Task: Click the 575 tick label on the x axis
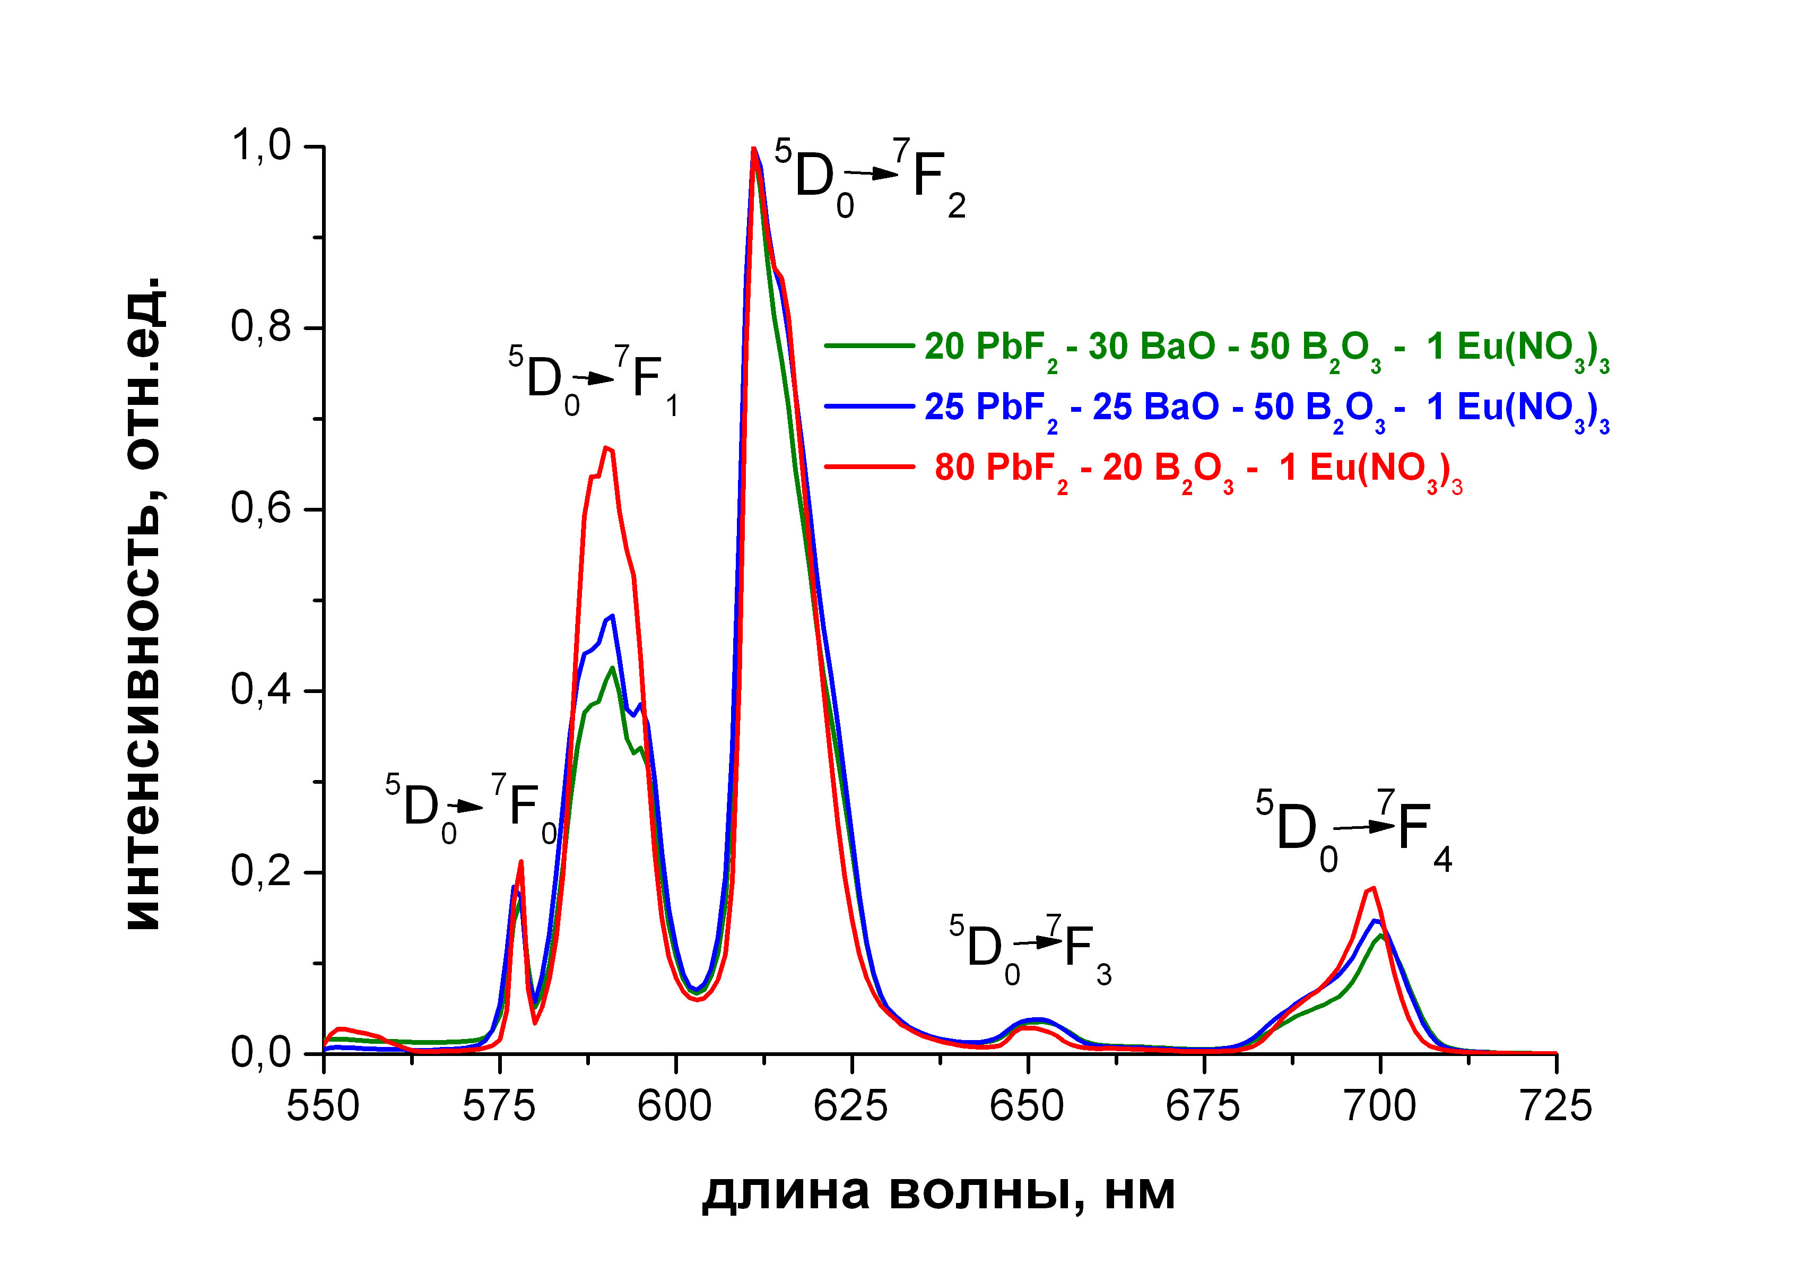499,1106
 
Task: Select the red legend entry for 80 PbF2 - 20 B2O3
1197,469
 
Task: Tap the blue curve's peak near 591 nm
612,616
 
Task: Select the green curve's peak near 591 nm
612,668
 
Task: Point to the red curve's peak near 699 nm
1374,888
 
